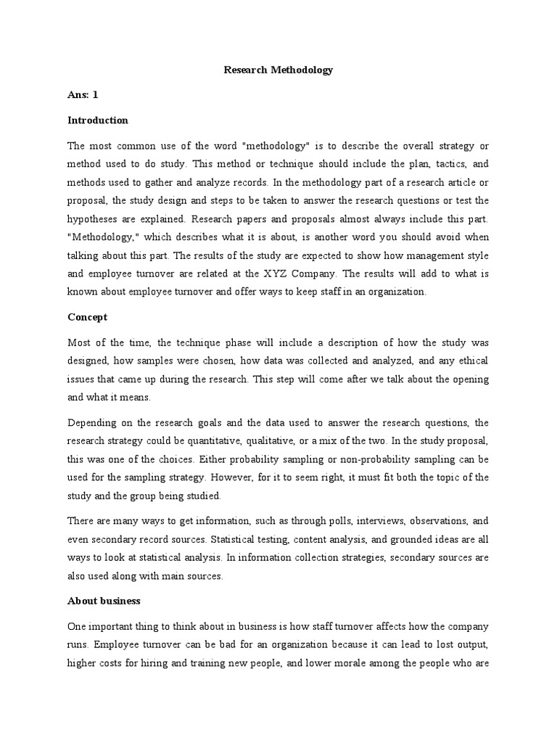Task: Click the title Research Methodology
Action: pos(278,70)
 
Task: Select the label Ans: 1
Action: pos(83,95)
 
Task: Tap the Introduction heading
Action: pos(97,120)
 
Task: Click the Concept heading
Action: pos(87,317)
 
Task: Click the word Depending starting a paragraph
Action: pos(93,422)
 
